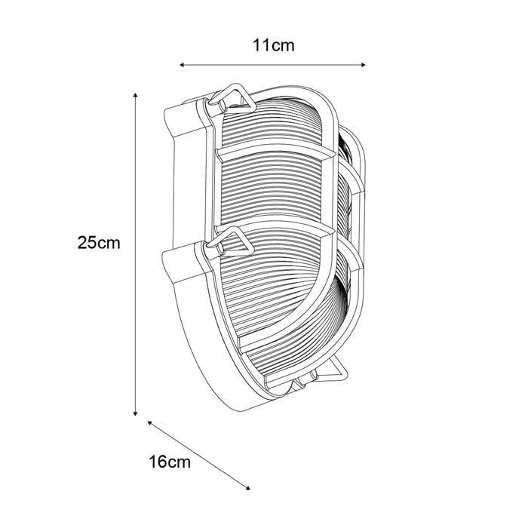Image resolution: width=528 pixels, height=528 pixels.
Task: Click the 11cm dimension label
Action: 273,46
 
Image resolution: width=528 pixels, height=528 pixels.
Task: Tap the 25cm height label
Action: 100,243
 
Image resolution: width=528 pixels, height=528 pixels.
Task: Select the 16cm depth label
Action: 170,462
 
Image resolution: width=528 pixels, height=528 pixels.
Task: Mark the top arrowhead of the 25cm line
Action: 135,96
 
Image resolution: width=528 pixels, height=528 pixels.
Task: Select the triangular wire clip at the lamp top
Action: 229,97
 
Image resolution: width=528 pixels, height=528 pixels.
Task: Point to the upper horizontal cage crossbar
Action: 275,153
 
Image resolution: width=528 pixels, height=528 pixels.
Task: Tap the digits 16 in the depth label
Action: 158,462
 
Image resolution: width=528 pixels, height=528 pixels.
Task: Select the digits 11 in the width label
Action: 261,46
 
